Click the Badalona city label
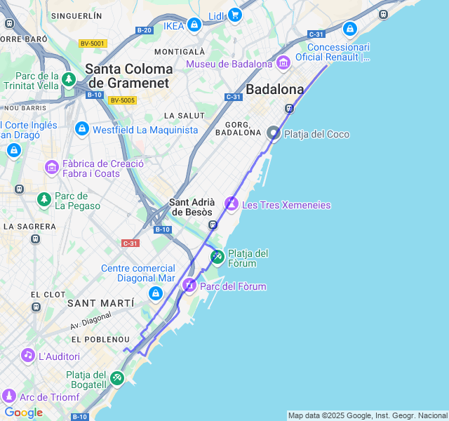click(274, 89)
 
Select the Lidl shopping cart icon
click(234, 15)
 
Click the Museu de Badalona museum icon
click(283, 64)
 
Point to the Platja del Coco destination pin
click(274, 133)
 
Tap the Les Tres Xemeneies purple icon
click(232, 204)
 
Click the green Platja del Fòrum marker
click(217, 258)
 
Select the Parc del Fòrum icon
click(189, 286)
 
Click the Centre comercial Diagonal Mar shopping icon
click(156, 293)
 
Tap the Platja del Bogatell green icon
click(117, 379)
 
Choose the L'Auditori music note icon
click(28, 356)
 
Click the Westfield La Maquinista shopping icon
click(82, 130)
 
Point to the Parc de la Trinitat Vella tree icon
click(69, 79)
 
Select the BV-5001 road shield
click(92, 44)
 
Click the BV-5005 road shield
click(122, 100)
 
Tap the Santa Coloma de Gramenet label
click(128, 76)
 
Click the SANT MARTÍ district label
click(100, 303)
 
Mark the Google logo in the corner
click(23, 413)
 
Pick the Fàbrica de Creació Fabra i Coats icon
click(52, 167)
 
